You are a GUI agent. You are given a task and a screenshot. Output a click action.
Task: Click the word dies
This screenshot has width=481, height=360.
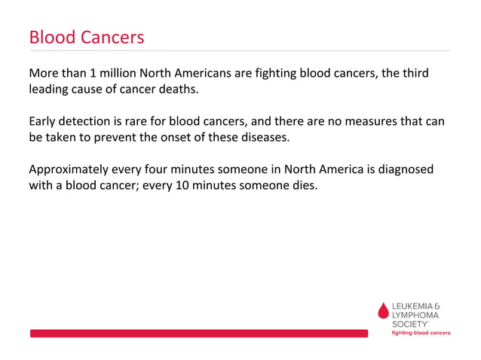[x=304, y=185]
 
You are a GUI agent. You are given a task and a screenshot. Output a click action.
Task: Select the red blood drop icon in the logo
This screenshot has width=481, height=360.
[x=383, y=311]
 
